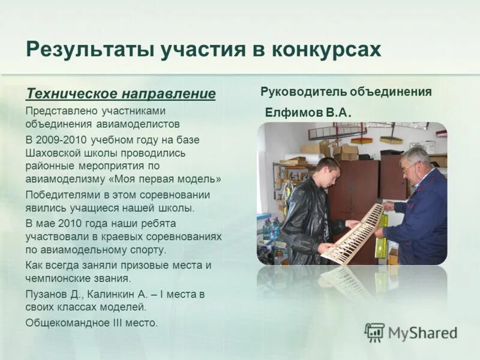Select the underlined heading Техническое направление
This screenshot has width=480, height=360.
tap(121, 94)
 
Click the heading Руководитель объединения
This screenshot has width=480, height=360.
tap(346, 92)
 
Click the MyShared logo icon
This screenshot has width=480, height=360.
tap(374, 332)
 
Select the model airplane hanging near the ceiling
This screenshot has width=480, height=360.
tap(336, 130)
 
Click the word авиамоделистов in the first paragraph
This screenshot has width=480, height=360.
tap(137, 125)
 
